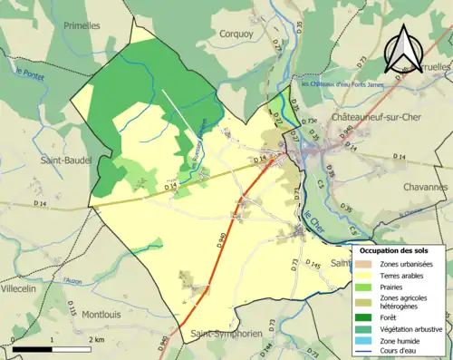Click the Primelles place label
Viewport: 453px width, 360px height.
tap(82, 26)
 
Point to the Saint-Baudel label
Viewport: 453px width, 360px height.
tap(38, 161)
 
